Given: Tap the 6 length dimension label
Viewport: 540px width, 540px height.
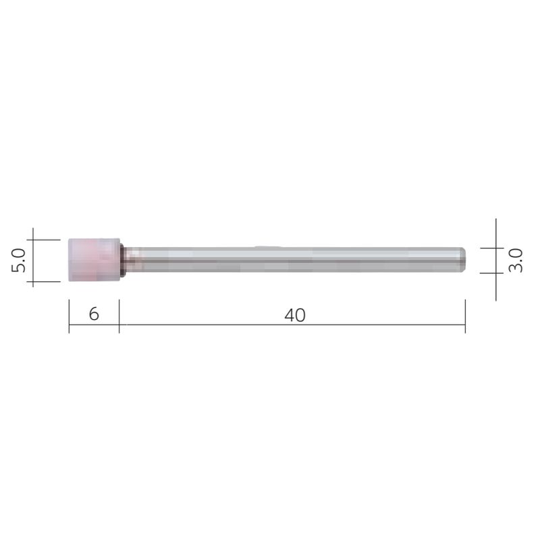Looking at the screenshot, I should click(94, 314).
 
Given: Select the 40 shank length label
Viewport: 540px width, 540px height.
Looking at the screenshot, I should click(295, 315).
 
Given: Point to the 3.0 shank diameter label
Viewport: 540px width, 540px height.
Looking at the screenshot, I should click(516, 260).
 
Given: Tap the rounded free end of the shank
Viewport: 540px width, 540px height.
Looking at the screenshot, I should click(463, 259).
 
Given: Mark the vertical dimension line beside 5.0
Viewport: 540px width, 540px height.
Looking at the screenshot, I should click(33, 259).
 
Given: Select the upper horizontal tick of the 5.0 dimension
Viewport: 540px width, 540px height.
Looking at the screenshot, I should click(47, 238).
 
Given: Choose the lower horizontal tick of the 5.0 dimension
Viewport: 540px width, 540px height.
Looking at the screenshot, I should click(47, 281).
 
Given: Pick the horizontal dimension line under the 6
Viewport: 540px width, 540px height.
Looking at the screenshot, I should click(94, 325).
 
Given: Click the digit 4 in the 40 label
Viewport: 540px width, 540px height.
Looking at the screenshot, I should click(290, 315).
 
